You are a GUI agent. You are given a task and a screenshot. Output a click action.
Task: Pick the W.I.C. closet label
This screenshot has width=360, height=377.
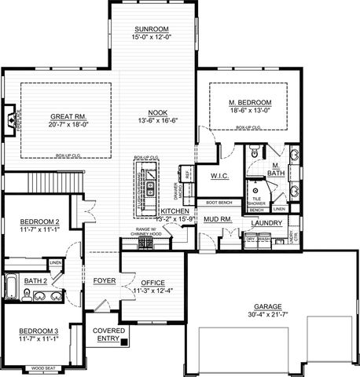point(219,176)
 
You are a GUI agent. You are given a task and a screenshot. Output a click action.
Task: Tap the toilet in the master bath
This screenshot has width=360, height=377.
point(255,152)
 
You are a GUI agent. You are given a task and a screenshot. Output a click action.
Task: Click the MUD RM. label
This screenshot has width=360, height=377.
point(217,221)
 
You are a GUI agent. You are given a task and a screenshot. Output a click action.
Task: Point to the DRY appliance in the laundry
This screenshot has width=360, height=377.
point(251,239)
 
